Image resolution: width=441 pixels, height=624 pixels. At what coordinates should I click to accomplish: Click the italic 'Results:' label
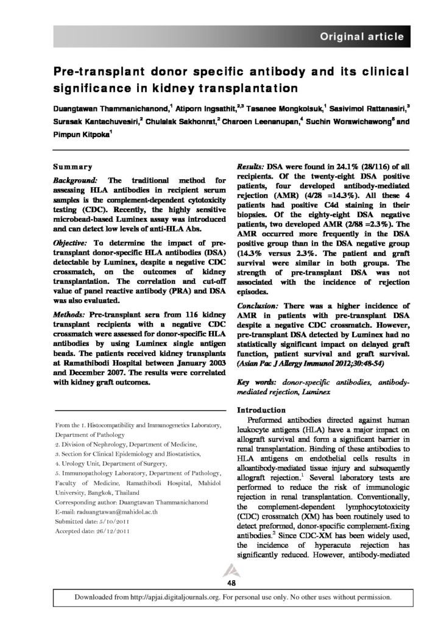[249, 166]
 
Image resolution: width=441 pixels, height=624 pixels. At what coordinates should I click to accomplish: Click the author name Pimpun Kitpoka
[82, 137]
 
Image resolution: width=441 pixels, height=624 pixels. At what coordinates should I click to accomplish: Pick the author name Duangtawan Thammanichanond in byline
[103, 107]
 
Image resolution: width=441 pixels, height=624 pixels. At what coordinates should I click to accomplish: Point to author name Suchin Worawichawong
[342, 122]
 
